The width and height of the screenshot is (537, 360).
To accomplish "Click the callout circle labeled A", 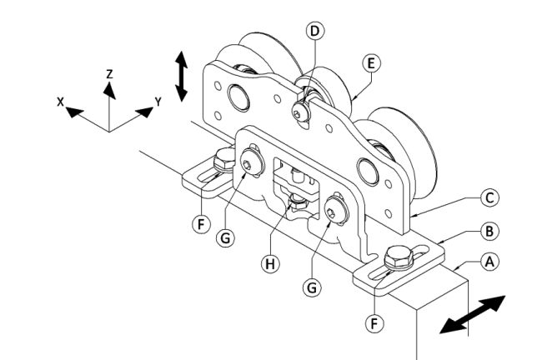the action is (x=489, y=262).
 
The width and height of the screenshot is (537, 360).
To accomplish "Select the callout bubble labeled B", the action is (x=489, y=232).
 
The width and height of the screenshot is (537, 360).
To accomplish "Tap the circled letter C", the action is (x=489, y=197).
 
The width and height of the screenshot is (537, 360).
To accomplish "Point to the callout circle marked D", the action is (x=314, y=31).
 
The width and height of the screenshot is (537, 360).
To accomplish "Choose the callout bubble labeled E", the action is (x=371, y=63).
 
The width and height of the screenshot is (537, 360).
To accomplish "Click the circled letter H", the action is (x=270, y=264).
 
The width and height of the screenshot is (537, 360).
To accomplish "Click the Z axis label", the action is (x=109, y=74).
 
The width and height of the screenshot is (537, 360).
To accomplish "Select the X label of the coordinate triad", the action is (x=60, y=102).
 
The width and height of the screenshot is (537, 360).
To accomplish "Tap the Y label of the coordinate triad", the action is (x=158, y=102).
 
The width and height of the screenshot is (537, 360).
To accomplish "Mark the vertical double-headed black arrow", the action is (x=182, y=77).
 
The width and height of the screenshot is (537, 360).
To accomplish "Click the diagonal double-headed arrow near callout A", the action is (x=473, y=314).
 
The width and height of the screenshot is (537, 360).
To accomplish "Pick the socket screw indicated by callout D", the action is (x=299, y=112).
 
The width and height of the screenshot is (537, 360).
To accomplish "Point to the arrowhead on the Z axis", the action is (x=109, y=91).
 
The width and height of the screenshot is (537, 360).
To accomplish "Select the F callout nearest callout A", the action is (x=374, y=323).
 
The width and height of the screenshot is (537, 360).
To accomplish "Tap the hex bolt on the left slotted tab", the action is (x=223, y=160).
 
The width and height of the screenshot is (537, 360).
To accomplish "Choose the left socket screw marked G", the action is (x=251, y=164).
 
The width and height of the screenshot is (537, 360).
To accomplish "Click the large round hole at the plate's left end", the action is (x=238, y=97).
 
